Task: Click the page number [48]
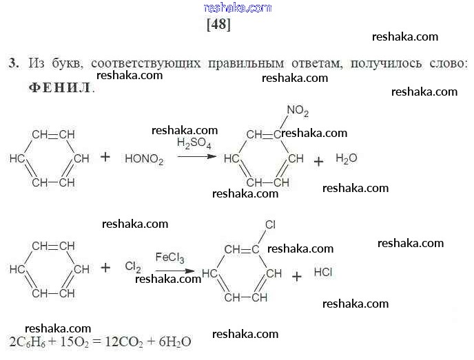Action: pos(218,25)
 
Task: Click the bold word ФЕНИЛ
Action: pos(61,88)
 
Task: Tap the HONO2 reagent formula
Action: pos(144,159)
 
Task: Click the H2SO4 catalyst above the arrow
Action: pos(194,144)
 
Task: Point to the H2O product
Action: pos(346,158)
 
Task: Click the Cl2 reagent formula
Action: pos(133,266)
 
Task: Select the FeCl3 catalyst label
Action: pos(169,258)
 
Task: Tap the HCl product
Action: pos(323,273)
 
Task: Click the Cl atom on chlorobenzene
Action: pos(270,224)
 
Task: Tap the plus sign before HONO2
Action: pos(105,157)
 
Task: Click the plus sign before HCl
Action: pos(297,277)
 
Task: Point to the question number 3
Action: pos(12,63)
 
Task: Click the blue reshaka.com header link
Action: pos(238,8)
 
